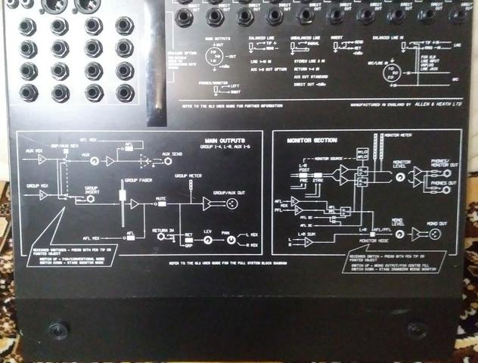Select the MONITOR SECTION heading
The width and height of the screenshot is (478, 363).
[x=312, y=141]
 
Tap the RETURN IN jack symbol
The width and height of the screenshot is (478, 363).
[x=161, y=236]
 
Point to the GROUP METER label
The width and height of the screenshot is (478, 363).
[x=188, y=175]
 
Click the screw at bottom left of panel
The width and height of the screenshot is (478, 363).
[x=57, y=329]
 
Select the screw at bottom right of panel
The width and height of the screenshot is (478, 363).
[x=414, y=329]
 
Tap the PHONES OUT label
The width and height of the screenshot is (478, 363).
[x=444, y=184]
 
